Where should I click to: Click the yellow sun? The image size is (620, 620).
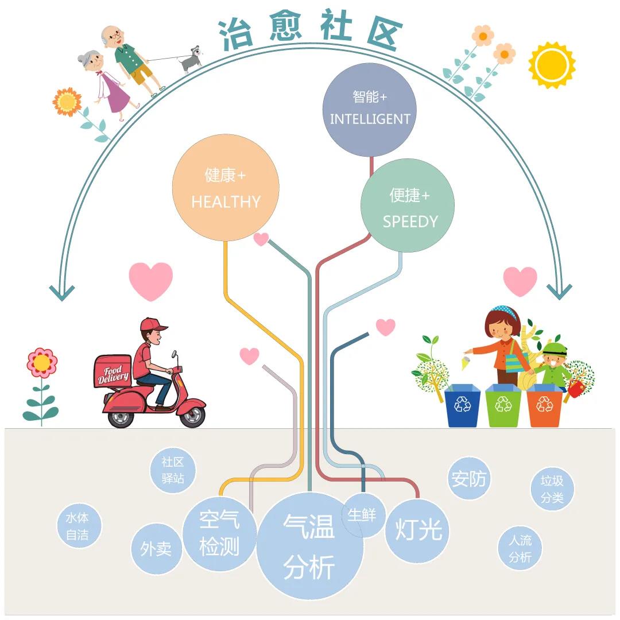pos(552,64)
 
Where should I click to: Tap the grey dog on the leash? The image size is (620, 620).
pos(191,59)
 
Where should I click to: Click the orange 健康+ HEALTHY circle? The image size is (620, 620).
pos(226,188)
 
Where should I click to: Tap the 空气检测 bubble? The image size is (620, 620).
pos(219,534)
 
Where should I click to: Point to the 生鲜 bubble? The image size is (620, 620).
pos(362,515)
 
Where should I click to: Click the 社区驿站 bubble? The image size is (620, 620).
pos(173,470)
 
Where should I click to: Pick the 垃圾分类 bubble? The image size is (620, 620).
pos(552,489)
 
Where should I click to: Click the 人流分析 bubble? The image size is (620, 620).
pos(520,548)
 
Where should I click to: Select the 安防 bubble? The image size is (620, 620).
pos(469,478)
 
